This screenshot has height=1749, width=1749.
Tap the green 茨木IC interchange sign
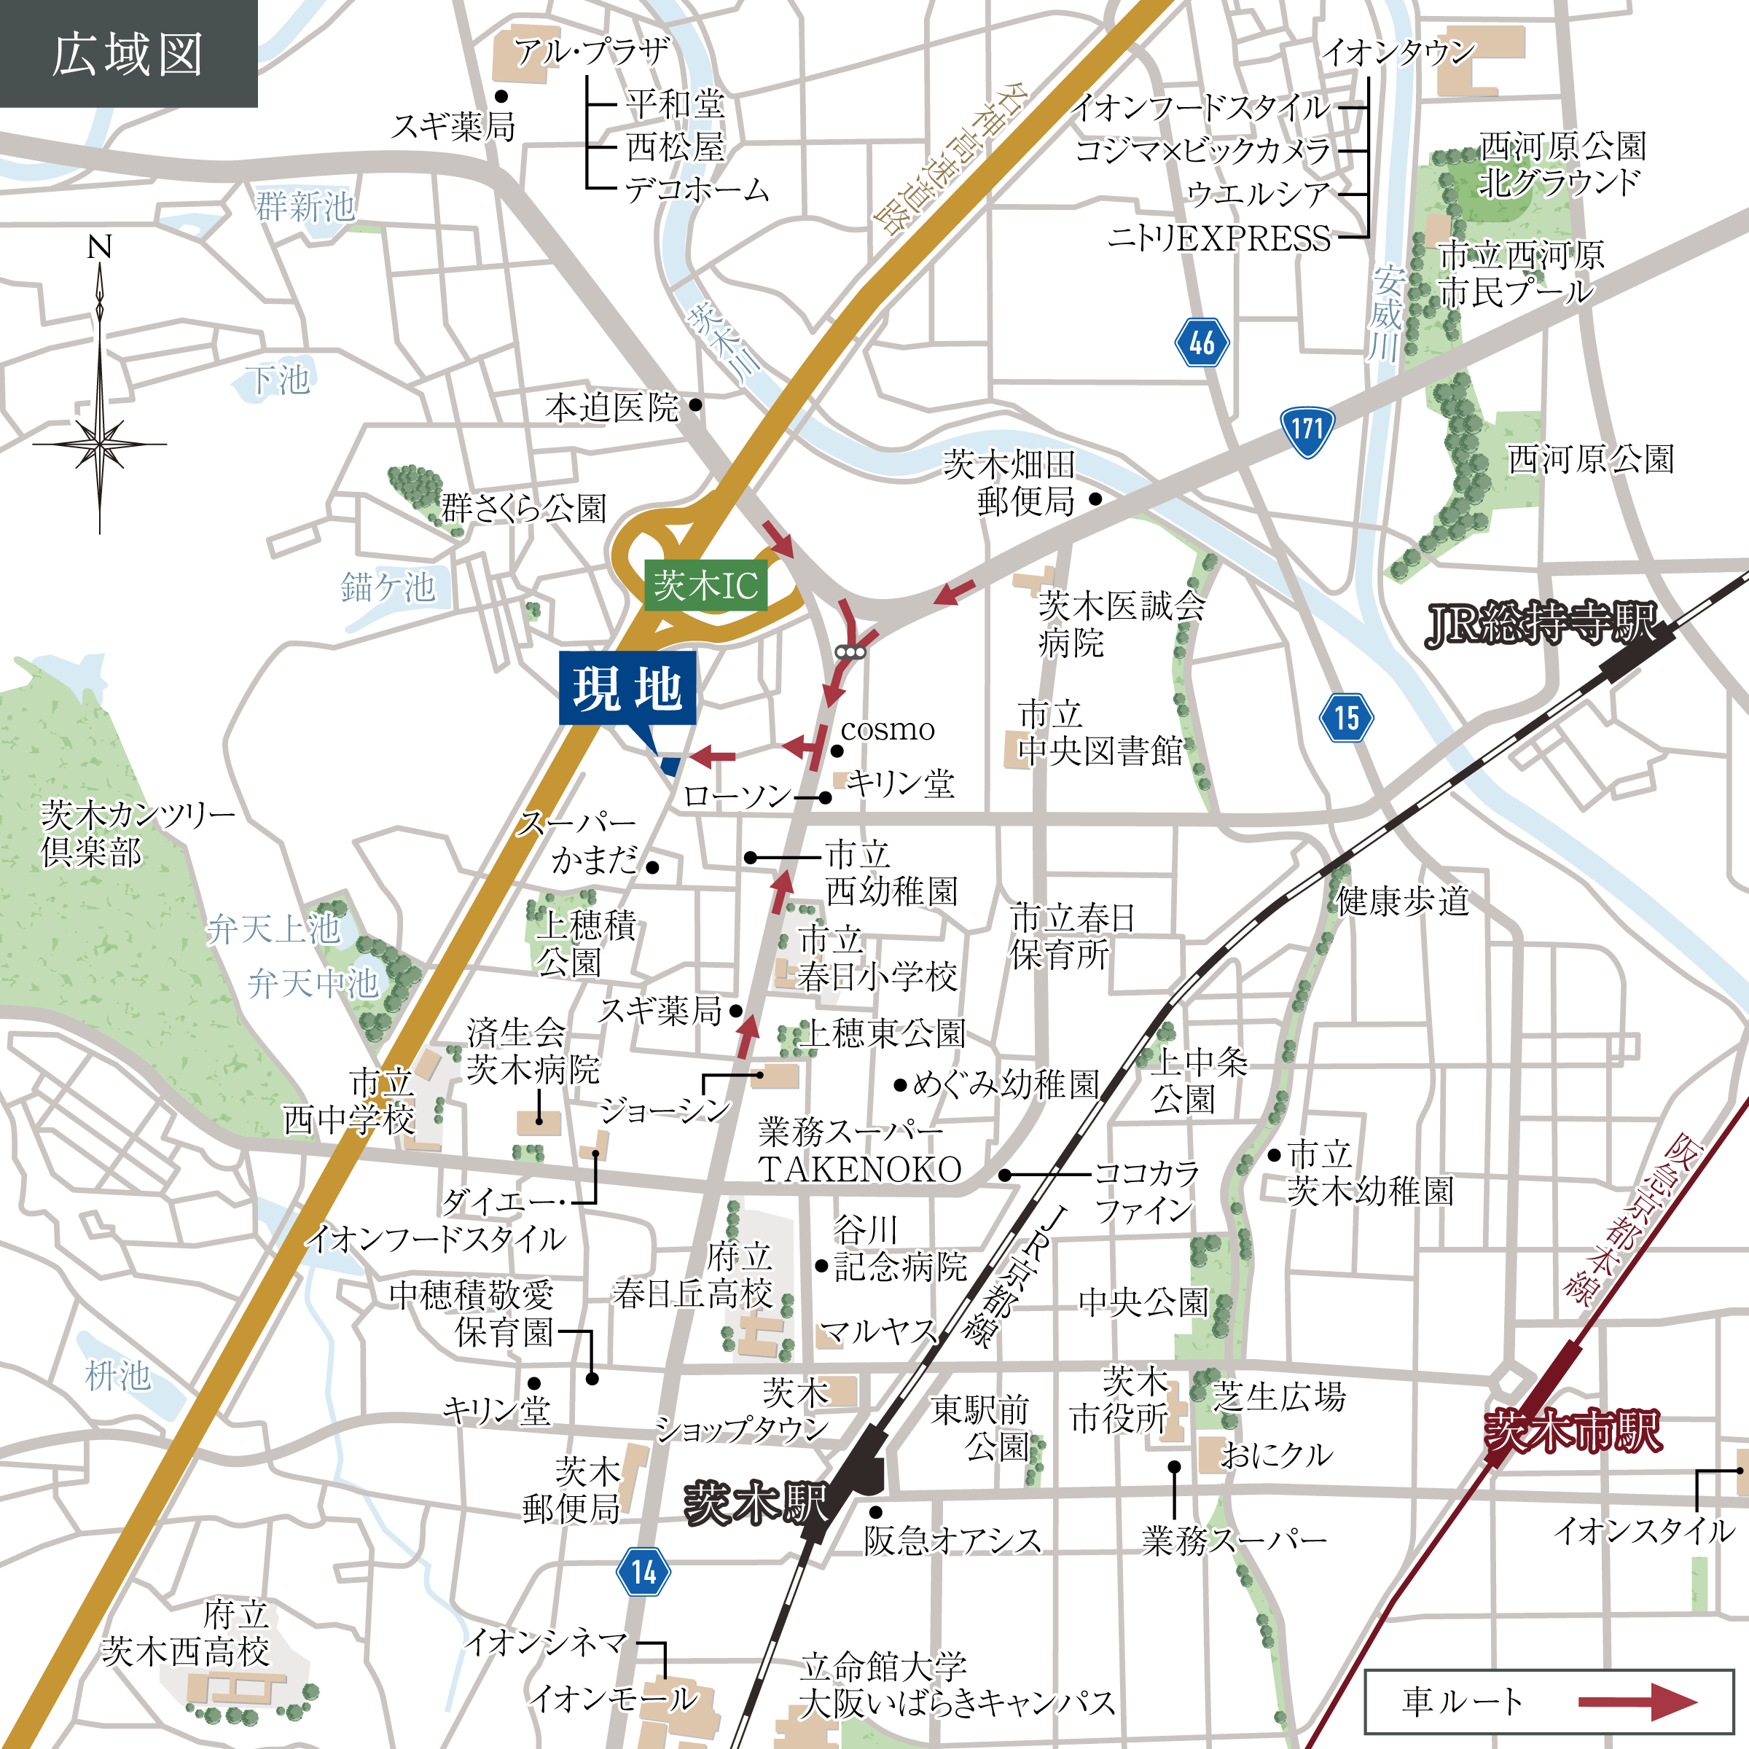click(x=705, y=586)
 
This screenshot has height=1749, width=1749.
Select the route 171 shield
click(x=1307, y=430)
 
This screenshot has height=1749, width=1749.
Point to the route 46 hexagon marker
click(x=1201, y=343)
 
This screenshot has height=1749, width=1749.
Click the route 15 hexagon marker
click(x=1346, y=717)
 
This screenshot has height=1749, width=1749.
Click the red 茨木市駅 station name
click(x=1573, y=1432)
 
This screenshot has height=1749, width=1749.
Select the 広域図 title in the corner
click(x=128, y=55)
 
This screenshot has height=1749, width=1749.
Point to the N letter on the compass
click(x=100, y=247)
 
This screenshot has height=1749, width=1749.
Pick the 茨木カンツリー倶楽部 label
click(x=136, y=833)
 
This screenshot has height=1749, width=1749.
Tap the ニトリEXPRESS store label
click(x=1218, y=238)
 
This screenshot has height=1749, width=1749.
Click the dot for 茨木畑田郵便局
click(x=1095, y=498)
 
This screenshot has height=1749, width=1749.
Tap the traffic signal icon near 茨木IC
click(x=851, y=652)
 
